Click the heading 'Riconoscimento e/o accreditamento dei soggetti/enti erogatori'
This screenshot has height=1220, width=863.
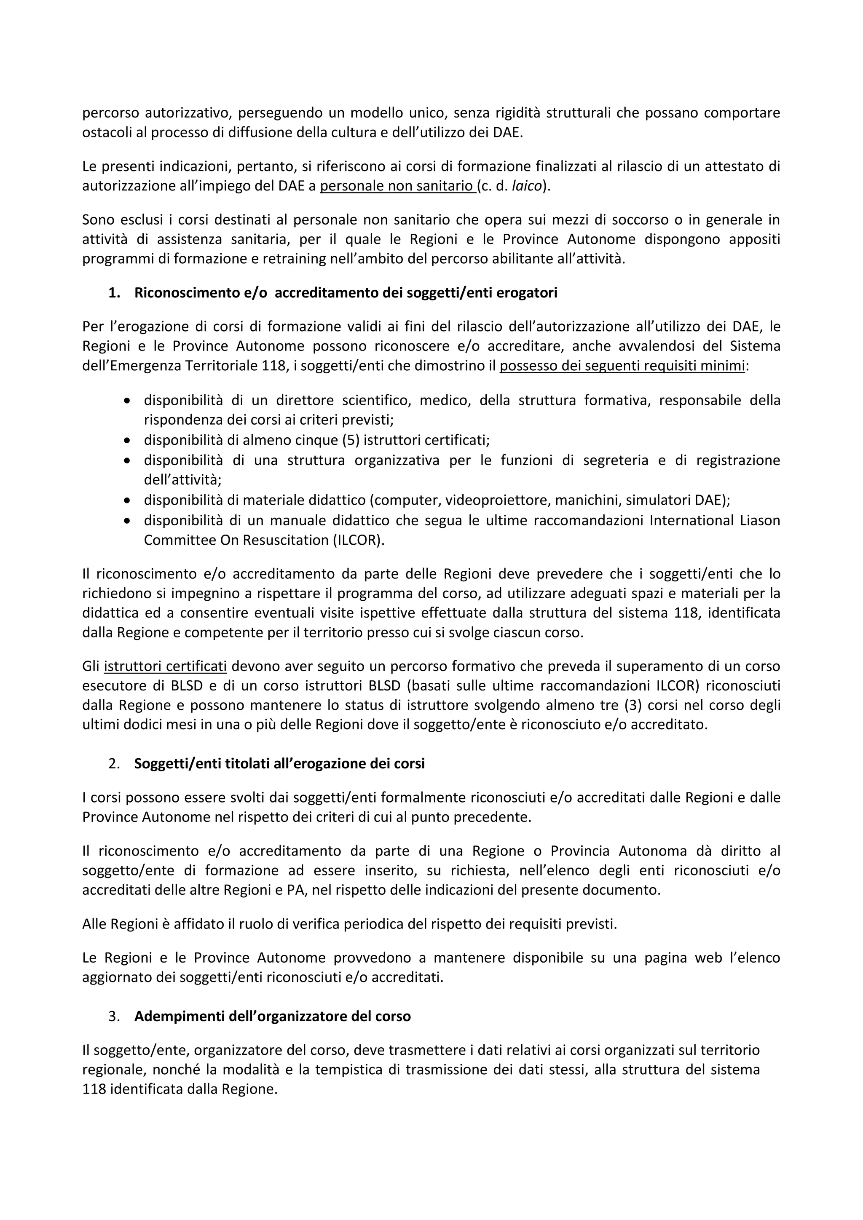click(x=346, y=293)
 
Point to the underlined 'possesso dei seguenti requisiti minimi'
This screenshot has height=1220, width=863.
click(x=622, y=366)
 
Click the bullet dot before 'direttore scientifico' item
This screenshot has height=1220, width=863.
click(x=126, y=401)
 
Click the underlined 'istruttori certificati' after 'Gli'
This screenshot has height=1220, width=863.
click(x=165, y=666)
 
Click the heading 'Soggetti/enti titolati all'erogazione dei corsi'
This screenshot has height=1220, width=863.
click(x=279, y=764)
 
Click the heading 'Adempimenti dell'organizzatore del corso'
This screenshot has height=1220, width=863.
click(x=272, y=1017)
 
